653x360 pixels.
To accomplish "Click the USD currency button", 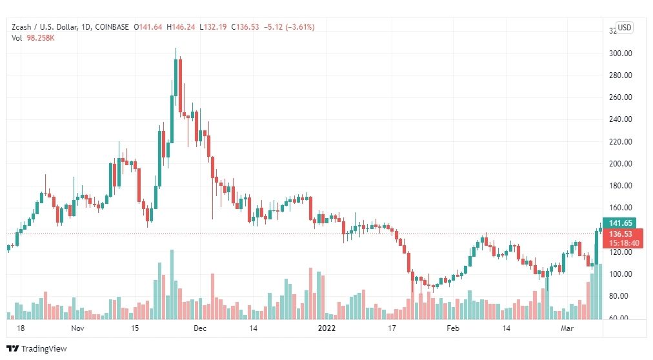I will tap(624, 28).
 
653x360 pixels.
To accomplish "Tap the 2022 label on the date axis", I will tap(328, 328).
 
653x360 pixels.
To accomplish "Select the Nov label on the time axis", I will tap(78, 328).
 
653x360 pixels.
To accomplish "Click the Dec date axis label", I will tap(199, 328).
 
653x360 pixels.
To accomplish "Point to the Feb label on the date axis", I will tap(454, 328).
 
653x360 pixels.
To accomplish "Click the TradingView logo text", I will tap(44, 349).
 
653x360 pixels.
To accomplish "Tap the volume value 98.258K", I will tap(40, 37).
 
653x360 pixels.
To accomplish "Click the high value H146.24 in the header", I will tap(182, 27).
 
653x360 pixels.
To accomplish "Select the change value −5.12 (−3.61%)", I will tap(288, 27).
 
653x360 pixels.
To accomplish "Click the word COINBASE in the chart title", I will tap(112, 27).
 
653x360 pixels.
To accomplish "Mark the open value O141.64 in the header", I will tap(148, 27).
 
